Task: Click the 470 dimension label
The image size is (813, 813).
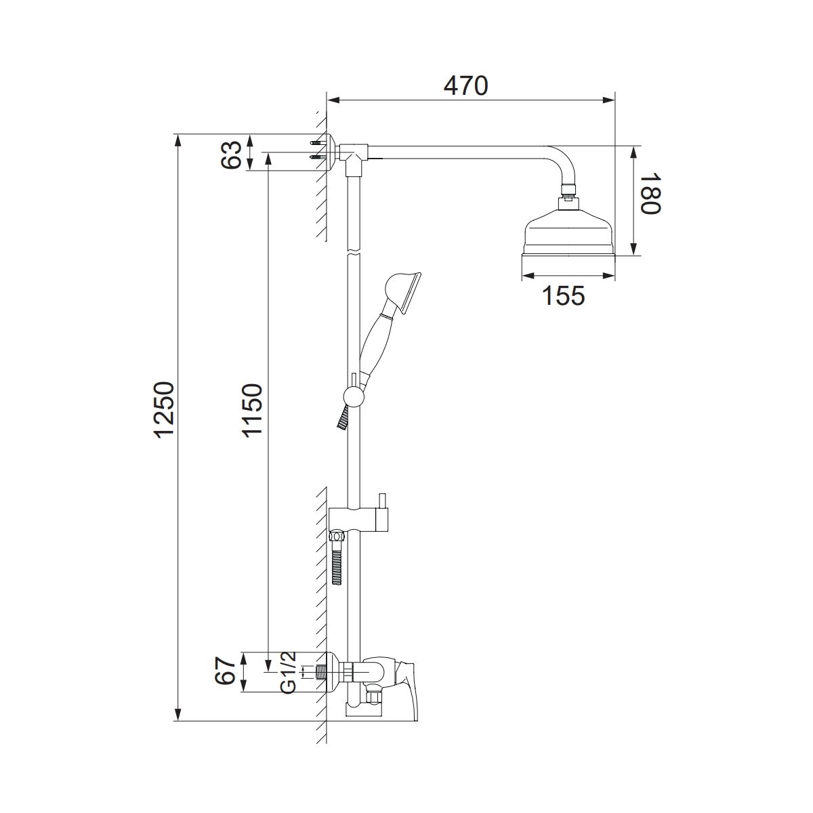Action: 465,85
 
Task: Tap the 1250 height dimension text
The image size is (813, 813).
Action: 165,410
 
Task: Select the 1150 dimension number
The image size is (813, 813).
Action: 253,411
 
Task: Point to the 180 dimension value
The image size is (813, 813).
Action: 649,193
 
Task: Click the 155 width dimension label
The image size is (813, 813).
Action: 564,295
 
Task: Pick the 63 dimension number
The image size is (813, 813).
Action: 232,155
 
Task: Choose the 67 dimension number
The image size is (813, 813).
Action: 225,682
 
